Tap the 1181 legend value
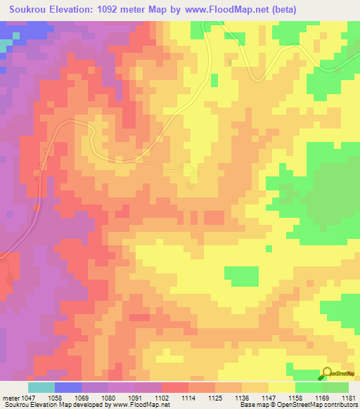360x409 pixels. (349, 398)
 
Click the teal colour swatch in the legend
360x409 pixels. (41, 387)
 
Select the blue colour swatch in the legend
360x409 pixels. (68, 387)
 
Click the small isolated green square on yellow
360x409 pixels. (269, 248)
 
